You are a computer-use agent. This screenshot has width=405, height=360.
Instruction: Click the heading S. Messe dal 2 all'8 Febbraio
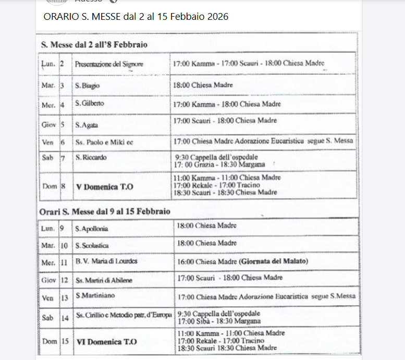coord(94,45)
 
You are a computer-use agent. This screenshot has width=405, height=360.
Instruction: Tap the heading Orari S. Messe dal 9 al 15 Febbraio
coord(105,211)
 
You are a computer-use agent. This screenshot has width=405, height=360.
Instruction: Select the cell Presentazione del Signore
coord(108,64)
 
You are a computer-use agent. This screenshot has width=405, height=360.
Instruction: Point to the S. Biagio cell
coord(87,85)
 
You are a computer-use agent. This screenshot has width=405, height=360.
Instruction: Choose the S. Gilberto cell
coord(89,103)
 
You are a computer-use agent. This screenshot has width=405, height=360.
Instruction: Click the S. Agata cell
coord(87,125)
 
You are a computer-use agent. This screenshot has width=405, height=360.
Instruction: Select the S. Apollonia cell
coord(92,229)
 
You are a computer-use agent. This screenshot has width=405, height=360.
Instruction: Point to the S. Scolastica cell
coord(93,245)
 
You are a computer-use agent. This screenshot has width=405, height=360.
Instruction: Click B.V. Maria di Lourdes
coord(107,261)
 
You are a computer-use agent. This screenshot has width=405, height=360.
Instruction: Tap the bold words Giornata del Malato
coord(274,261)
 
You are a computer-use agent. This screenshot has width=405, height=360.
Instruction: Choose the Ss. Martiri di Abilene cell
coord(103,280)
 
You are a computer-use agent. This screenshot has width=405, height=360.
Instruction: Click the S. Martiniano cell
coord(95,295)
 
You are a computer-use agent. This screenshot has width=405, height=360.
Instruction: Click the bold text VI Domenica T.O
coord(107,342)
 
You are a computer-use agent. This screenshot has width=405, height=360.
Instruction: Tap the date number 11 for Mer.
coord(64,262)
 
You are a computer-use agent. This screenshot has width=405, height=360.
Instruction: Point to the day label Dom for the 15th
coord(50,342)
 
